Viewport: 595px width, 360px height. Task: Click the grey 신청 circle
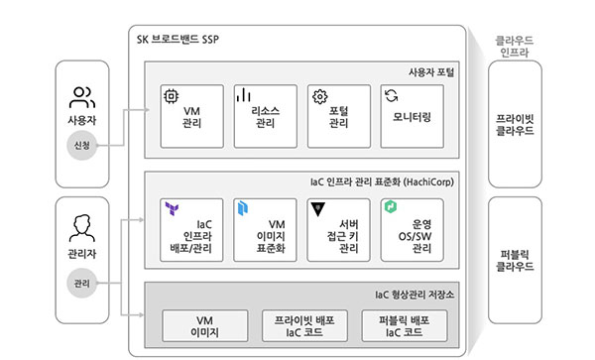click(x=82, y=146)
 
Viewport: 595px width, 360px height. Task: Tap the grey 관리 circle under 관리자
click(x=82, y=283)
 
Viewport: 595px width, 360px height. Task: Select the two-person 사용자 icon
click(x=82, y=97)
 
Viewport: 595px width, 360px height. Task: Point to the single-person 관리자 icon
click(x=82, y=228)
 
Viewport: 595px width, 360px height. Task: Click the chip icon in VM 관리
click(x=171, y=96)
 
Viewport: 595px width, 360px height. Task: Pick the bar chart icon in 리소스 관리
click(x=243, y=95)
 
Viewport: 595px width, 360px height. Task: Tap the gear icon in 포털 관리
click(x=320, y=97)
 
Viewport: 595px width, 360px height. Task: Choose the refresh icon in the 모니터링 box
click(x=392, y=95)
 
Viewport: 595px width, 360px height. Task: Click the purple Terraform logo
click(x=172, y=208)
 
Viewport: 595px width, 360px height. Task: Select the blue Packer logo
click(x=243, y=208)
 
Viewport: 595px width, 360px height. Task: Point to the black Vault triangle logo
click(x=318, y=209)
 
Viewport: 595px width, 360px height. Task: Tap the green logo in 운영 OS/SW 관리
click(x=391, y=206)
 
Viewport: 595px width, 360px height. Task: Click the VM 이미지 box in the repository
click(x=205, y=326)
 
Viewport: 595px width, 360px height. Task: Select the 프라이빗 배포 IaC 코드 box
click(x=304, y=326)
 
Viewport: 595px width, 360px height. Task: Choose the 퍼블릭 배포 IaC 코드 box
click(x=405, y=326)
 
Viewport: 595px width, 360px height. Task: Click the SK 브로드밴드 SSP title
click(x=178, y=39)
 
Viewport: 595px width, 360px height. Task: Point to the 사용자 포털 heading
click(x=431, y=72)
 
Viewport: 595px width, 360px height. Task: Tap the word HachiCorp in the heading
click(x=428, y=182)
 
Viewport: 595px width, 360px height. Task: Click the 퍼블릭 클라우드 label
click(x=515, y=260)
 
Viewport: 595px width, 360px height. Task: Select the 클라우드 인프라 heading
click(x=514, y=46)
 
